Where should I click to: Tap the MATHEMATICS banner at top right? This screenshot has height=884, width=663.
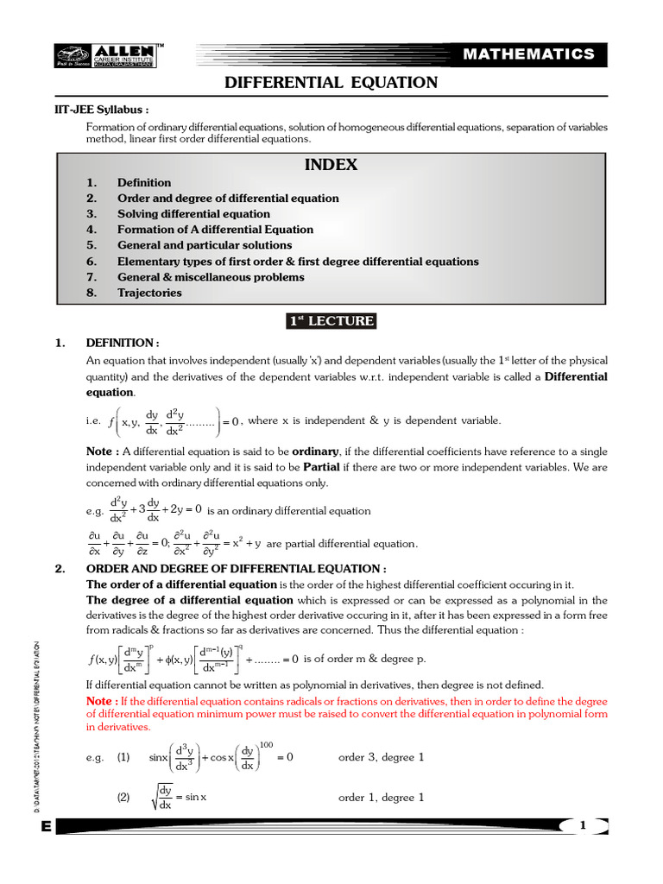[540, 54]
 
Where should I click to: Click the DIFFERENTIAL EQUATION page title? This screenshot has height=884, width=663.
[331, 83]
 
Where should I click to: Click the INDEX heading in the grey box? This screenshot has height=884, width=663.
[331, 164]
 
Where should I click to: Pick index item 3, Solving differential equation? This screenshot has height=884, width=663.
[193, 214]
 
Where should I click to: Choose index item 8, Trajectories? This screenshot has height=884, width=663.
[149, 293]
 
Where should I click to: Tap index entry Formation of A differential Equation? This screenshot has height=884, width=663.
[215, 230]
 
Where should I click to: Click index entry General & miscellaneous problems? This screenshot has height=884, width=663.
[211, 277]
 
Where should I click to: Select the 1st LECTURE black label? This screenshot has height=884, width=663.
[331, 321]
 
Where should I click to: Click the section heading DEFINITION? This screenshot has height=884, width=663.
[122, 344]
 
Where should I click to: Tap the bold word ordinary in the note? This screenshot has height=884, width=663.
[315, 451]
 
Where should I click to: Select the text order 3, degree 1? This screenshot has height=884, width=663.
[381, 757]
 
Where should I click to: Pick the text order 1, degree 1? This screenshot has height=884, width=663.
[381, 798]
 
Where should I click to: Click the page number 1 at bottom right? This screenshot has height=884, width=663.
[583, 826]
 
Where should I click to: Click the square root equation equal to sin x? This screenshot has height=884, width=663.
[178, 799]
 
